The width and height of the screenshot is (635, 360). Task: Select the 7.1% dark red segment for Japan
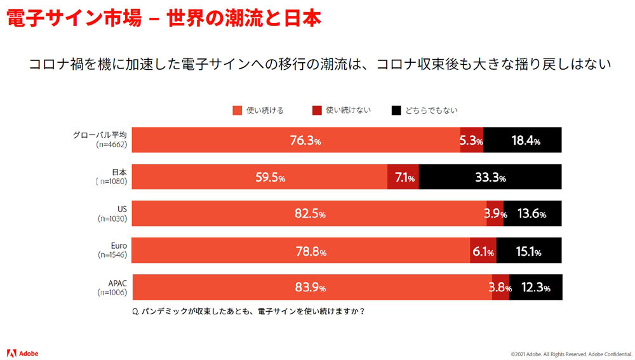click(403, 178)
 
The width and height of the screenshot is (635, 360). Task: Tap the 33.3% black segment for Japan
click(490, 178)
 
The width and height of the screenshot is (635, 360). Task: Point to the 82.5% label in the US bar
click(310, 214)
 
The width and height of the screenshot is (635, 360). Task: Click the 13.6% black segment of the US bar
click(532, 214)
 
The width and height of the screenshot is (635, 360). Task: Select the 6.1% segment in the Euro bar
click(483, 251)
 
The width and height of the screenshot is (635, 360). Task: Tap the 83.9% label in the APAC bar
click(310, 288)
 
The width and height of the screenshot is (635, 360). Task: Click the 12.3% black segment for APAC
click(535, 288)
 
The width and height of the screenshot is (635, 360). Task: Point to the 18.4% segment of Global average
click(523, 141)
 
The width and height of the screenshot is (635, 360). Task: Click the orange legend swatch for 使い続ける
click(237, 110)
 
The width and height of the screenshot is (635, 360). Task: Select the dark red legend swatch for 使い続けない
click(317, 110)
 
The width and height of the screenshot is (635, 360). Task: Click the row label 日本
click(119, 171)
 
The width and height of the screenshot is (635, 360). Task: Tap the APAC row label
click(117, 281)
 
